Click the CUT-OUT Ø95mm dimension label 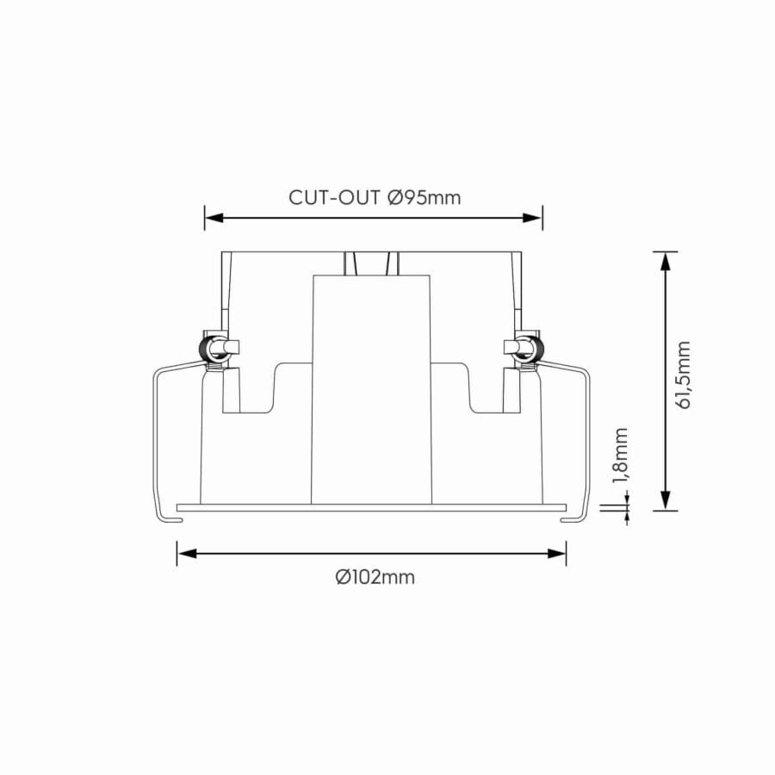click(x=375, y=197)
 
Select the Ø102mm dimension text click(x=375, y=577)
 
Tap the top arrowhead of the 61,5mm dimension click(x=664, y=261)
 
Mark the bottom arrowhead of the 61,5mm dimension click(x=664, y=500)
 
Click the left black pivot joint click(x=208, y=349)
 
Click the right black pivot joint click(x=536, y=349)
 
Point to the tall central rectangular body click(x=370, y=387)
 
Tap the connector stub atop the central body click(x=370, y=263)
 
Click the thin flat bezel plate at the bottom click(x=370, y=507)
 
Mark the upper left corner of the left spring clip click(x=158, y=372)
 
